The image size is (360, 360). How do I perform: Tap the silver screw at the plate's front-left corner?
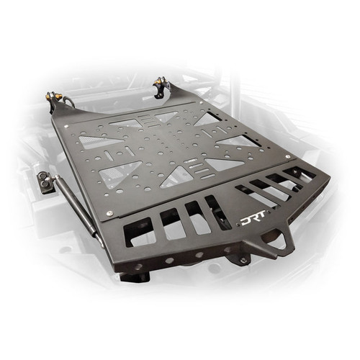coord(108,214)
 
